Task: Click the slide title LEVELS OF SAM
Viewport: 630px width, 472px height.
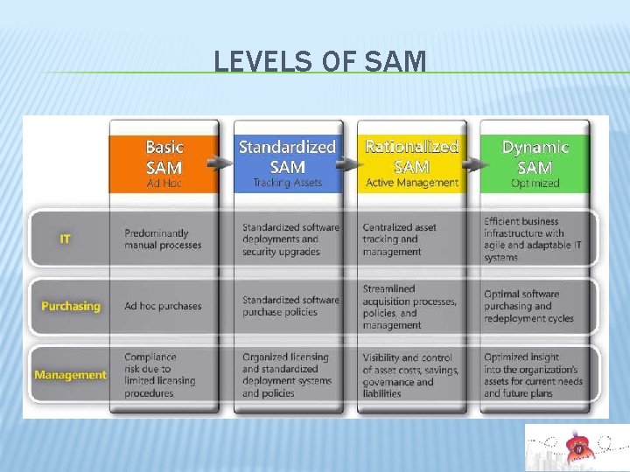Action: [320, 62]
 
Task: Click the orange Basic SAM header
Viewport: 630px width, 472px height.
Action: [164, 157]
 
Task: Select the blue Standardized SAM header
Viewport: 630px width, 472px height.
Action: [287, 157]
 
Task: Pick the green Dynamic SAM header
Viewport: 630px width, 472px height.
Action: [535, 157]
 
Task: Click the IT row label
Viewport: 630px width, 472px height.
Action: [66, 239]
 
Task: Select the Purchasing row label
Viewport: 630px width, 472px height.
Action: [70, 307]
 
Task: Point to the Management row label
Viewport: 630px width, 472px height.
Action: [70, 375]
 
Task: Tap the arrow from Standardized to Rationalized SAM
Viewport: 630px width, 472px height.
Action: [347, 162]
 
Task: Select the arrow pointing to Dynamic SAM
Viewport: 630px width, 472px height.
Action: [472, 162]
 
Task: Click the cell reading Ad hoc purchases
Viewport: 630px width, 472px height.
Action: [163, 307]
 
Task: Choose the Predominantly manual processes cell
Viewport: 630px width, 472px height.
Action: [163, 239]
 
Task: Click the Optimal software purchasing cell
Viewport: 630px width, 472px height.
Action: [528, 306]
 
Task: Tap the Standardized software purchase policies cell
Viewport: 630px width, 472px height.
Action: [290, 306]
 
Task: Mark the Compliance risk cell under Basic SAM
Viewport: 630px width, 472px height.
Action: [160, 375]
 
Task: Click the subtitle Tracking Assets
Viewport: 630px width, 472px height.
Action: [287, 184]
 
